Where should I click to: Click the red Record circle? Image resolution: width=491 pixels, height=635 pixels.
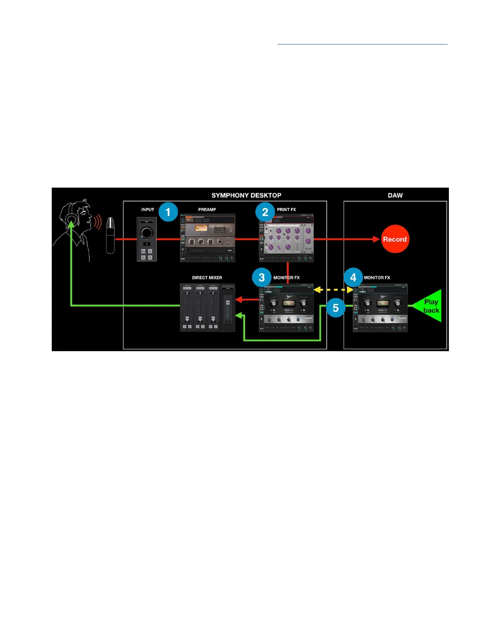click(x=395, y=239)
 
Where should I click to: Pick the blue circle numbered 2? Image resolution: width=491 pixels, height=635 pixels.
click(x=265, y=212)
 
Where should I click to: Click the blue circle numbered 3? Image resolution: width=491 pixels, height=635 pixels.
click(x=262, y=277)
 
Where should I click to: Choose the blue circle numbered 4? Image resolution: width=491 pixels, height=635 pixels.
click(x=353, y=277)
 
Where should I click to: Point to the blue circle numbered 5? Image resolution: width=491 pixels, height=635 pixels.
click(x=336, y=308)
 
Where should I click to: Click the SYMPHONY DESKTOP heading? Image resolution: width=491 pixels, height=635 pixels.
click(x=246, y=195)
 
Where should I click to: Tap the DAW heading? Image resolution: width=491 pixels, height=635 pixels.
click(x=395, y=195)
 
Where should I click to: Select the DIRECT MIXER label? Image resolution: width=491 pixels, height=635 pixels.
click(x=207, y=277)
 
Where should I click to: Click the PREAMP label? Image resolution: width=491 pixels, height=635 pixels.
click(x=207, y=209)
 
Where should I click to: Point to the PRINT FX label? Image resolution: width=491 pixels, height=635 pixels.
click(x=286, y=209)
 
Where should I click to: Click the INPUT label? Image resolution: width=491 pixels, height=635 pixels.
click(x=148, y=209)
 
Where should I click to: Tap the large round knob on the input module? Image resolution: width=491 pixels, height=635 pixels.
click(x=146, y=233)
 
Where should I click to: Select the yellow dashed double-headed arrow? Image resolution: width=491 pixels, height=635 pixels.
click(x=333, y=289)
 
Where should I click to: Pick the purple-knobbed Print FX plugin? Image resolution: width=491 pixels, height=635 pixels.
click(x=286, y=237)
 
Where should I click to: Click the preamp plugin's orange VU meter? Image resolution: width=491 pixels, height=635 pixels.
click(x=201, y=228)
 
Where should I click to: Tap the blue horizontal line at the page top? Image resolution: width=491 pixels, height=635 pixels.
click(x=362, y=44)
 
